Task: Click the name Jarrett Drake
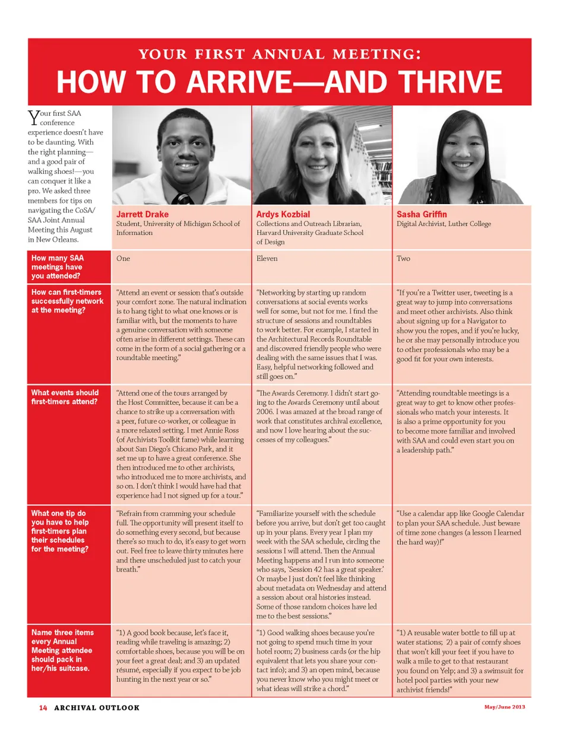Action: tap(142, 214)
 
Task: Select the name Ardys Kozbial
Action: tap(283, 214)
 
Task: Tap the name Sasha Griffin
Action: tap(422, 214)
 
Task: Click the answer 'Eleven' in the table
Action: tap(267, 259)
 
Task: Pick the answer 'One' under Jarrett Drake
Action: tap(123, 259)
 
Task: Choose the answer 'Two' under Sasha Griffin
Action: tap(403, 259)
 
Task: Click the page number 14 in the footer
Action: tap(43, 707)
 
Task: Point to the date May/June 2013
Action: tap(504, 707)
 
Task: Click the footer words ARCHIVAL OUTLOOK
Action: tap(97, 707)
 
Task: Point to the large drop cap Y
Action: tap(33, 117)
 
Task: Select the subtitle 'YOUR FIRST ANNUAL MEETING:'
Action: tap(280, 55)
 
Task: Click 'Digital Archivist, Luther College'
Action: tap(444, 224)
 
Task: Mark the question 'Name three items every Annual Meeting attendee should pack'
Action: tap(62, 650)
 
